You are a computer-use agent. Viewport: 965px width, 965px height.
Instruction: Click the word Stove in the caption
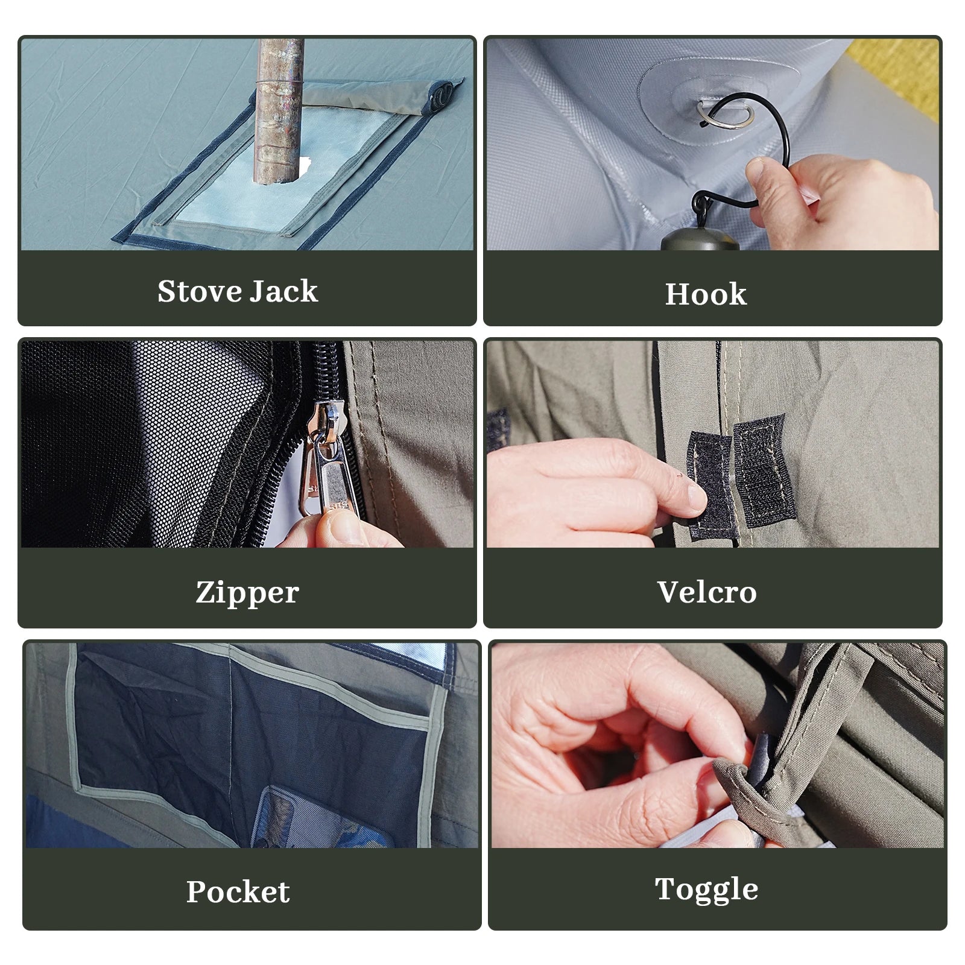[199, 291]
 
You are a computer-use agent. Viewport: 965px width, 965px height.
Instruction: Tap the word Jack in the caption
[283, 291]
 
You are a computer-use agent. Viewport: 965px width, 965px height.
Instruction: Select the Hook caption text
[706, 294]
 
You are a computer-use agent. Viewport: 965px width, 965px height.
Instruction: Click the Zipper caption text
[247, 593]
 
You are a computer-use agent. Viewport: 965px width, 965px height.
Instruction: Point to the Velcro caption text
[707, 592]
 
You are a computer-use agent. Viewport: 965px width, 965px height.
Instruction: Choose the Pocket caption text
[238, 891]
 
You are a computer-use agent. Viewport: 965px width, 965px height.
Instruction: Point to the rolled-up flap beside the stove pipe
[380, 93]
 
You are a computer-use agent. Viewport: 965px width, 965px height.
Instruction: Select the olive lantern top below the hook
[700, 238]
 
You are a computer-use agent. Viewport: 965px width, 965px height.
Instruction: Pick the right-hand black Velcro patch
[763, 470]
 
